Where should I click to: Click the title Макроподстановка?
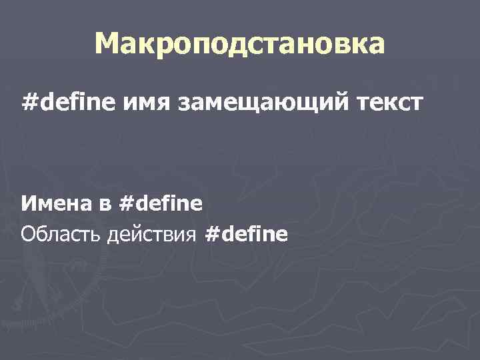coord(239,44)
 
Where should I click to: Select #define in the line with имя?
coord(70,104)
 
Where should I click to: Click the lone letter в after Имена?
coord(106,203)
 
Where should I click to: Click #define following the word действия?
coord(247,235)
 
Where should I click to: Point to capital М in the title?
coord(107,44)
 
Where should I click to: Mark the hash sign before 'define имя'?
coord(28,104)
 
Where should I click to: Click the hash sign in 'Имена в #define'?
coord(125,203)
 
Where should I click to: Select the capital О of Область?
coord(28,235)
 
